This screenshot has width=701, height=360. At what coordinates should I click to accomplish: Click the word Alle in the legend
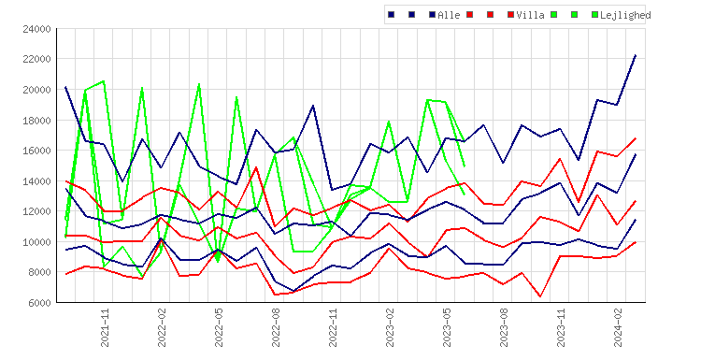tap(449, 15)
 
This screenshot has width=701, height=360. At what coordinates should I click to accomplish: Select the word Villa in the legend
tap(530, 15)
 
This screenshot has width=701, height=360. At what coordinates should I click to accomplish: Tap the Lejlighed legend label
tap(625, 15)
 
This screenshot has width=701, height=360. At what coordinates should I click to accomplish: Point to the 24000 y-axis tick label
tap(36, 29)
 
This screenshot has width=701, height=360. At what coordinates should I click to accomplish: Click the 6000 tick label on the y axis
tap(39, 303)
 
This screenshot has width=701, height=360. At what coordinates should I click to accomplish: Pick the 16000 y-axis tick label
tap(36, 151)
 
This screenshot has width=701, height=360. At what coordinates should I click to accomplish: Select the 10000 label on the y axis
tap(36, 242)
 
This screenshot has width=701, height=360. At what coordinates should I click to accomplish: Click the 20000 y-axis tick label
tap(36, 90)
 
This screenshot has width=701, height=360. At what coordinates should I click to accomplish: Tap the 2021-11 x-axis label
tap(105, 327)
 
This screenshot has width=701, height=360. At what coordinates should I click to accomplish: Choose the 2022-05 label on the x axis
tap(219, 327)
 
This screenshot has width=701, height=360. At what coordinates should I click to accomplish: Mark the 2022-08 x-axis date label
tap(276, 327)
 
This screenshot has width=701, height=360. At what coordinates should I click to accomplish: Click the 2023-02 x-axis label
tap(390, 327)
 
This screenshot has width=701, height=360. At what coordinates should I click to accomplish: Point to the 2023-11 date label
tap(561, 327)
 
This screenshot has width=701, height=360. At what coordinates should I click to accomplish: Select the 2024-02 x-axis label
tap(618, 327)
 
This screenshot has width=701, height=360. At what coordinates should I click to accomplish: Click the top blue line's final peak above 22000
tap(636, 55)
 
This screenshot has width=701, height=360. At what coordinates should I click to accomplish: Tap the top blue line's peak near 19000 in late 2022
tap(313, 106)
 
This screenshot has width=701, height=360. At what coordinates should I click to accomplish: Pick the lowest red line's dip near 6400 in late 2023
tap(540, 296)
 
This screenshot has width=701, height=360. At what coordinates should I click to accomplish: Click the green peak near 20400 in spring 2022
tap(199, 84)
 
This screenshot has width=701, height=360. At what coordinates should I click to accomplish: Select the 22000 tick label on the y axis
tap(36, 60)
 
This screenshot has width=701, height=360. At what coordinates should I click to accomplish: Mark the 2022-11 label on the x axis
tap(333, 327)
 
